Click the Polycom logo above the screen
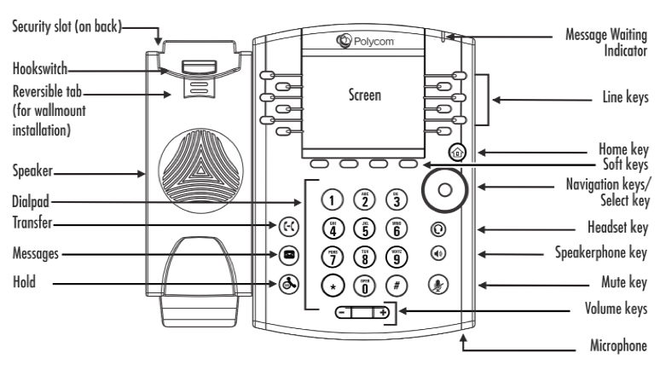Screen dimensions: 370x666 point(359,39)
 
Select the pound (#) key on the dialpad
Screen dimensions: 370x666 point(395,284)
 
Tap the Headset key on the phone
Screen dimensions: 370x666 point(438,228)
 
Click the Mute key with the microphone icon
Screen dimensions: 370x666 point(438,284)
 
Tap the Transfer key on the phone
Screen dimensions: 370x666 point(287,227)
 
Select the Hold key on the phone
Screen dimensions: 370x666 point(287,284)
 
